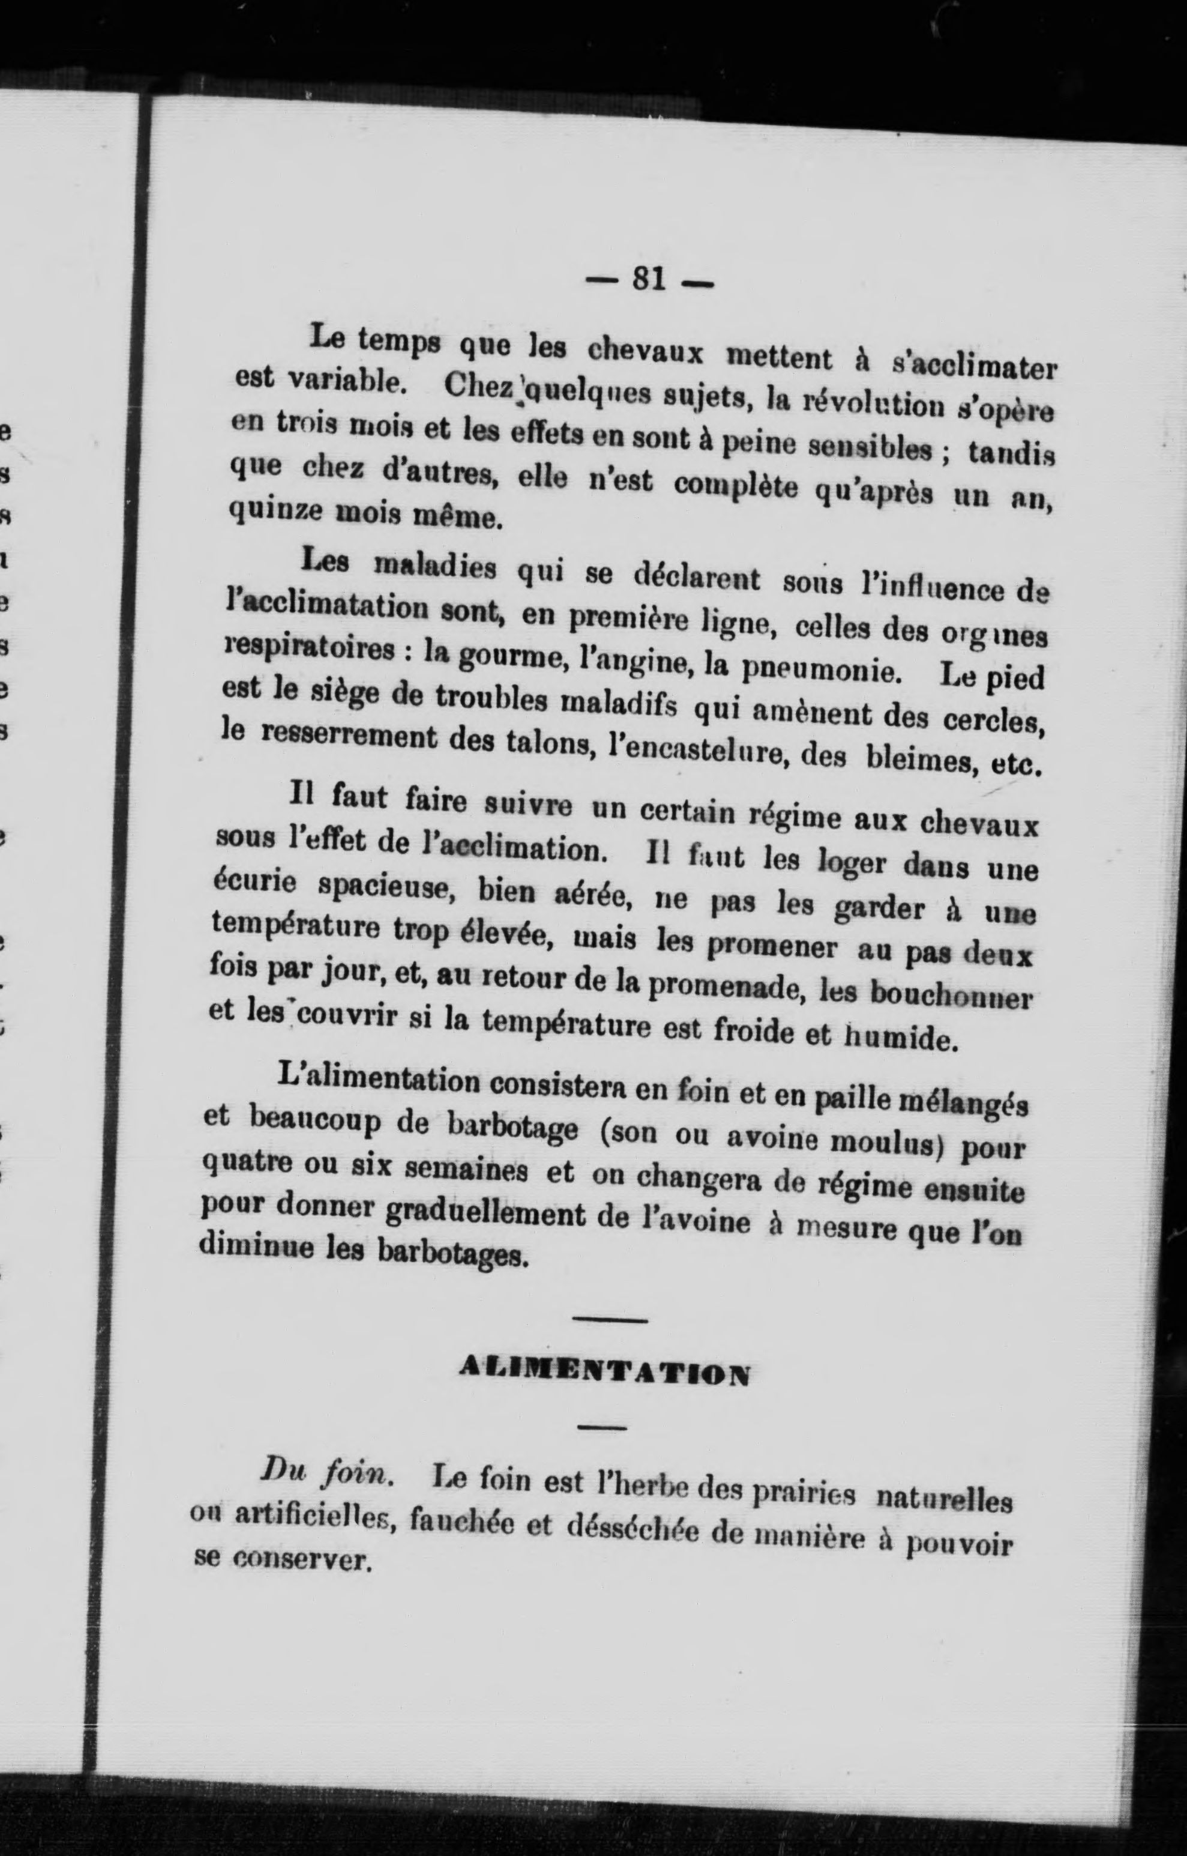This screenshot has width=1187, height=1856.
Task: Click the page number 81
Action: coord(648,279)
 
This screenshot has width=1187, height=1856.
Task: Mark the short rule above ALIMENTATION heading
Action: coord(610,1320)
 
